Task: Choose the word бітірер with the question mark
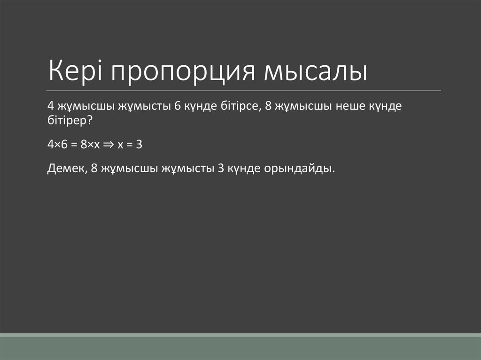[70, 121]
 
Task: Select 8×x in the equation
[89, 145]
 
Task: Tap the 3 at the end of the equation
[139, 145]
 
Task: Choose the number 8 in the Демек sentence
[94, 169]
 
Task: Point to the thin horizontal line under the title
[244, 90]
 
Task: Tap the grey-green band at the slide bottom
[240, 347]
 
